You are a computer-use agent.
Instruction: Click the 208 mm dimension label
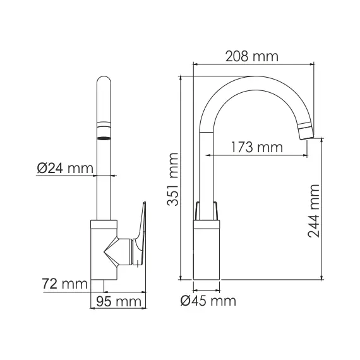point(252,56)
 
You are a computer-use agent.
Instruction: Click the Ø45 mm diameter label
point(208,301)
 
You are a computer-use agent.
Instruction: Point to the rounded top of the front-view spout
point(105,85)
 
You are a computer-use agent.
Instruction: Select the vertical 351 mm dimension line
point(181,177)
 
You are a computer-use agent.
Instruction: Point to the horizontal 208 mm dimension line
point(253,64)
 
